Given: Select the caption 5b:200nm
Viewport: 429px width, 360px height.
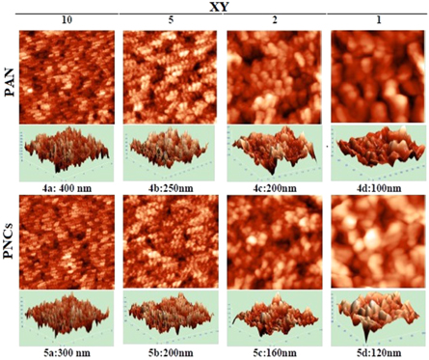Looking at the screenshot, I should click(x=170, y=352).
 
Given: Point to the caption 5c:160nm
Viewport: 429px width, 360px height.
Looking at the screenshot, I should click(x=274, y=352).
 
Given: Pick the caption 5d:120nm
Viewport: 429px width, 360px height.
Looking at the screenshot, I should click(x=377, y=352).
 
